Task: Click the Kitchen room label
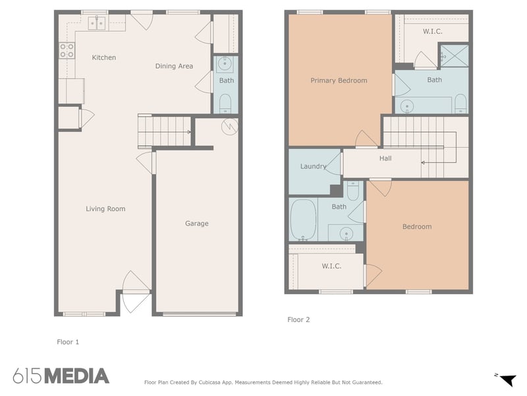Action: point(103,57)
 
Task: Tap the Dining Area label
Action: point(174,66)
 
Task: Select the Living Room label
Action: point(105,209)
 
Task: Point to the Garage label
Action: point(196,224)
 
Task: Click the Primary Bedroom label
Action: point(339,81)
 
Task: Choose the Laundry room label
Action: point(313,166)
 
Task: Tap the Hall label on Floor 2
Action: point(385,158)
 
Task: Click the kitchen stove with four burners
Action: point(67,50)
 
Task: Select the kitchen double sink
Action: point(97,24)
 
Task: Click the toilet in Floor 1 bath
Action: point(225,102)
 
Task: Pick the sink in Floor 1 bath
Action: point(225,65)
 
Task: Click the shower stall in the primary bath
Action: point(454,55)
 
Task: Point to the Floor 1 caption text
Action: point(68,342)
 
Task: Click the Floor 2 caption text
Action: point(298,319)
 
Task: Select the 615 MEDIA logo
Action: point(61,376)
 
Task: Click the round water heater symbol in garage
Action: point(229,126)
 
